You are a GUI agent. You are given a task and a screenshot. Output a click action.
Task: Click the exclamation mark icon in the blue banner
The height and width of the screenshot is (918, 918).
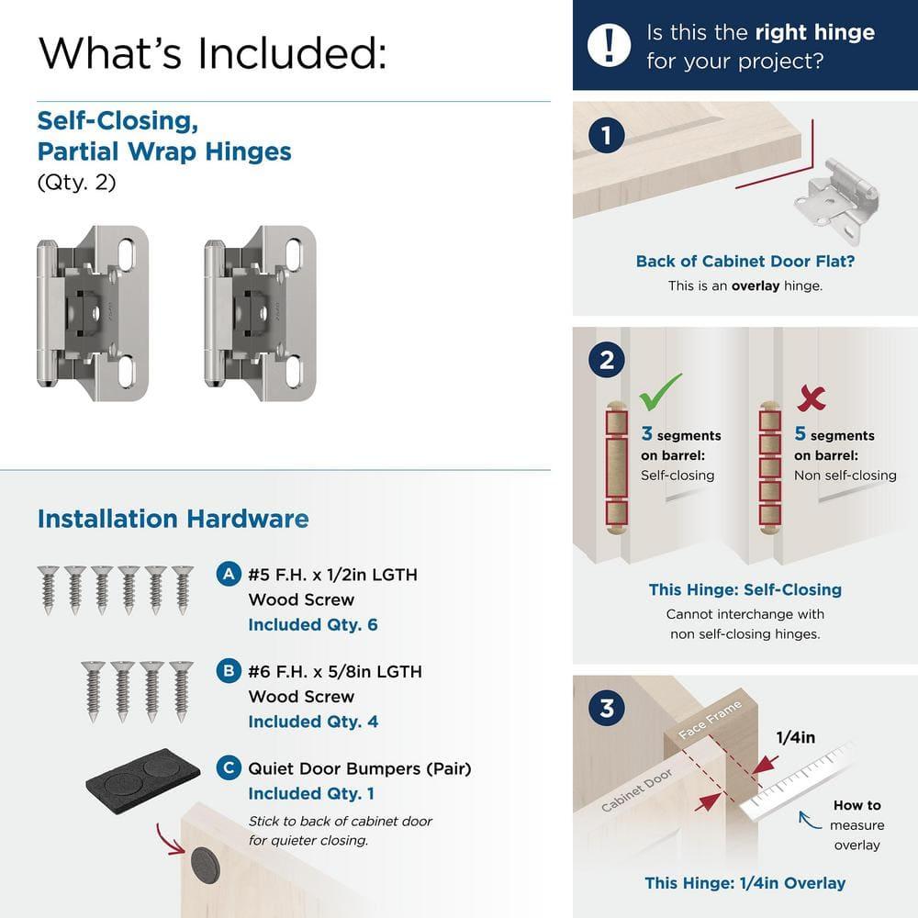pos(609,45)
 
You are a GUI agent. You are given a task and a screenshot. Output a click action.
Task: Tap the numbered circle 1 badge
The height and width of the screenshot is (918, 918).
pos(606,137)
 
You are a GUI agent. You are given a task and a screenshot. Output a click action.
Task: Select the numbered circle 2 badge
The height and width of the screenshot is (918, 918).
pos(606,360)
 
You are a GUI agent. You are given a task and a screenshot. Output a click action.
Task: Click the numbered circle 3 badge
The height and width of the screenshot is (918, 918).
pos(606,709)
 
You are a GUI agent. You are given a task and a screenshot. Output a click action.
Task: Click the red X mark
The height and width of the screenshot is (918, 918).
pos(812,397)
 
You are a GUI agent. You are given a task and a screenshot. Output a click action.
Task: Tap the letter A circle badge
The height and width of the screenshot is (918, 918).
pos(229,575)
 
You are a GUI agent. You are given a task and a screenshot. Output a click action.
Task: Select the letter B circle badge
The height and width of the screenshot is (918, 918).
pos(229,671)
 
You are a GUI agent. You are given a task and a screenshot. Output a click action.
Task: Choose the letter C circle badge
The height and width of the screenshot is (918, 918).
pos(229,767)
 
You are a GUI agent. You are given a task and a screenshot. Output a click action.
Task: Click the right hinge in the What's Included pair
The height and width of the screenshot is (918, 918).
pos(260,315)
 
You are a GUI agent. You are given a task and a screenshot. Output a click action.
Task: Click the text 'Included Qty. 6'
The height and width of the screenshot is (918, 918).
pos(312,625)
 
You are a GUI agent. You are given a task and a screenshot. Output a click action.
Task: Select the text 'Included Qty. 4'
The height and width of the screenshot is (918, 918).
pos(312,722)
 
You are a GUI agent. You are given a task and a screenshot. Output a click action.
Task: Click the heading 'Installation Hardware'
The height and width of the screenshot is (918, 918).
pos(173,519)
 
